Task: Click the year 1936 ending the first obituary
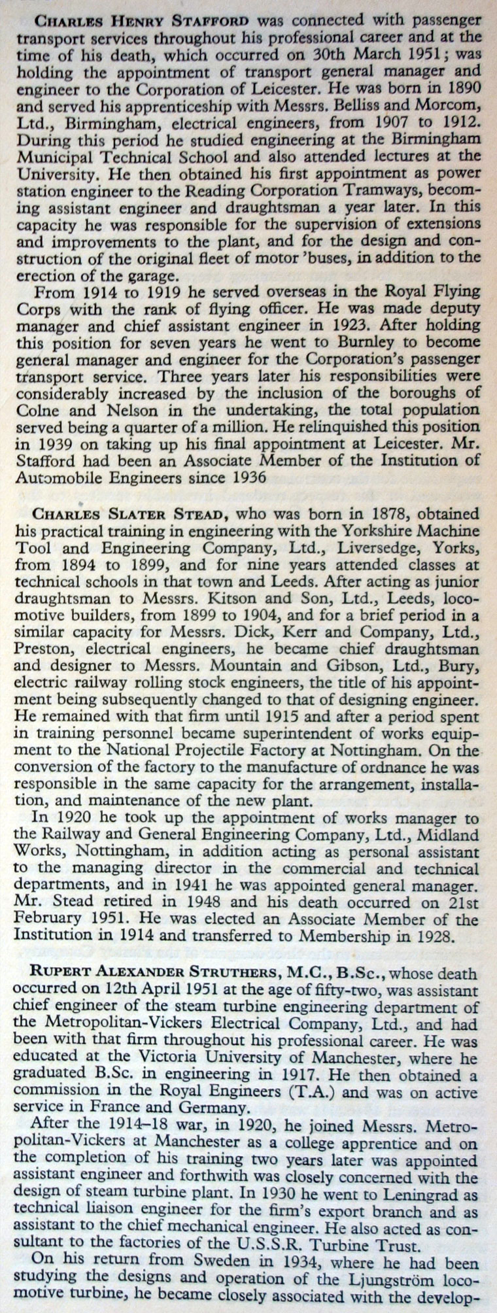[243, 477]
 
